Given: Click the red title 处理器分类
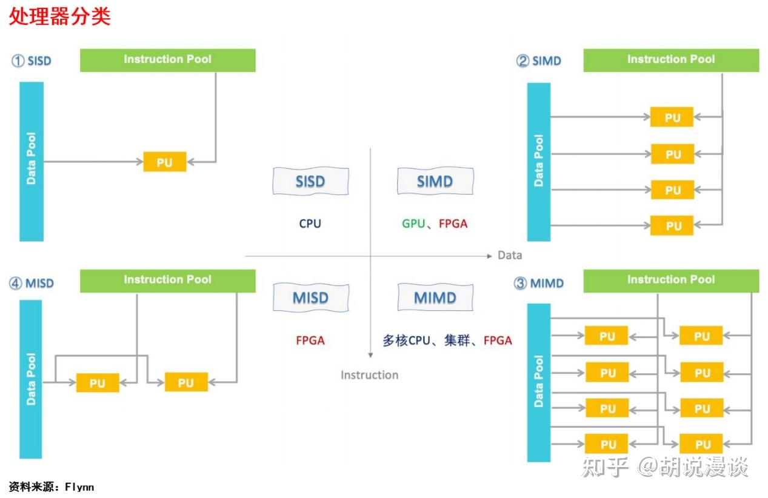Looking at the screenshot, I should [59, 16].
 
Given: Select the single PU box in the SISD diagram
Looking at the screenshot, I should [164, 162].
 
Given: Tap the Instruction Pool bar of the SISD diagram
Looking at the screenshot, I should [167, 60].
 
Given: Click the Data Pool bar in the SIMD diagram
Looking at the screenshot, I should [538, 161].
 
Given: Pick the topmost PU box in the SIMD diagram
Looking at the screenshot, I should [672, 118].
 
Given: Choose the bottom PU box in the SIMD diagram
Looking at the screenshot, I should [672, 225].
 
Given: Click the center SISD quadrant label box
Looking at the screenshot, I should [310, 181].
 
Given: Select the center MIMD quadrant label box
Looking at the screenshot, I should [435, 297].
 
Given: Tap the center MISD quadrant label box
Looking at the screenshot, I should [310, 297].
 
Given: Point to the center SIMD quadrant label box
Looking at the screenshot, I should [435, 181].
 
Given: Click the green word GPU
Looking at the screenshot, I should [413, 224].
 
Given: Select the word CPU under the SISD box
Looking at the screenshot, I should [310, 224].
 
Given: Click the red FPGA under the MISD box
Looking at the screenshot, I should [310, 340].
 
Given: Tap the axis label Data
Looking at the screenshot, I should [509, 255].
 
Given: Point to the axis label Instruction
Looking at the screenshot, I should [369, 375].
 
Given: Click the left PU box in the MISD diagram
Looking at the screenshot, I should [98, 383].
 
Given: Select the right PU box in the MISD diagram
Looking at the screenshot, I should [186, 382].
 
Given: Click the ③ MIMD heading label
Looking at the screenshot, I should [539, 284].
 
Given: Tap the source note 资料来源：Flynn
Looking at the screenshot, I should [52, 486].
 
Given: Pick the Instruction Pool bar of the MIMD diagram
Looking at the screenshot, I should [670, 280].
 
